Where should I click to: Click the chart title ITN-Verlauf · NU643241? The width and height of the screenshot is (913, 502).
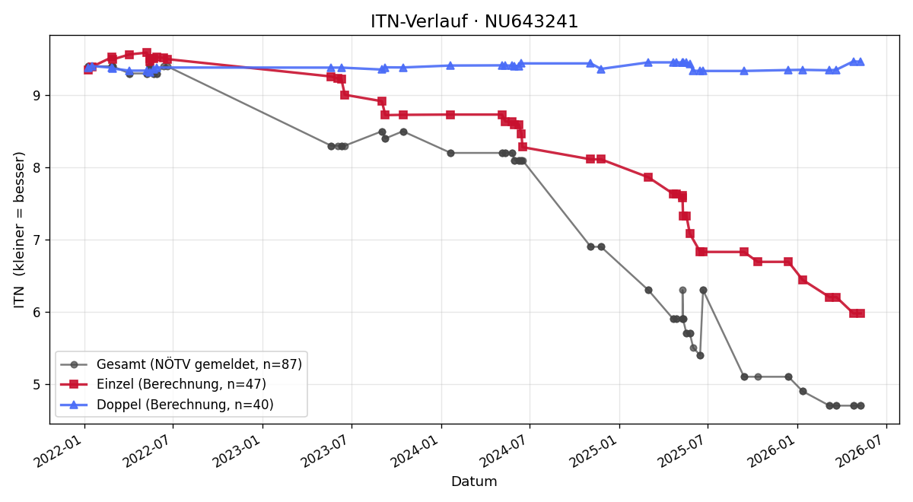pos(474,21)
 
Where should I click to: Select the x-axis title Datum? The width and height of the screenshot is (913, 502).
pos(474,481)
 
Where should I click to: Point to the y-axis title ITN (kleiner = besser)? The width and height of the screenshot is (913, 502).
pos(19,230)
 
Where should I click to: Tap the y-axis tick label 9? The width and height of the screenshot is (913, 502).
pos(37,96)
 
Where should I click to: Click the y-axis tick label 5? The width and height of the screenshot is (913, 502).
pos(37,385)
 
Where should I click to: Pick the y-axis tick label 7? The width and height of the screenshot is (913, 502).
pos(37,240)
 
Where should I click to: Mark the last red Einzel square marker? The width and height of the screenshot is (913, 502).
pos(861,313)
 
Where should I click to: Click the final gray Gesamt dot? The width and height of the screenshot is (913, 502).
pos(861,406)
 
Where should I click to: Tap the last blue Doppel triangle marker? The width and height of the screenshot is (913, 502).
pos(861,62)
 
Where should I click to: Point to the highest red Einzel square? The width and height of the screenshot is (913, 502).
pos(147,52)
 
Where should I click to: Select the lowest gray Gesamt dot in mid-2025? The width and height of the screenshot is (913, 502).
pos(700,356)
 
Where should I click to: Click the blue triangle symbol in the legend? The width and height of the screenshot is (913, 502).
pos(74,405)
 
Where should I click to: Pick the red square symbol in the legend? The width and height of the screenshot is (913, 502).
pos(74,384)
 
